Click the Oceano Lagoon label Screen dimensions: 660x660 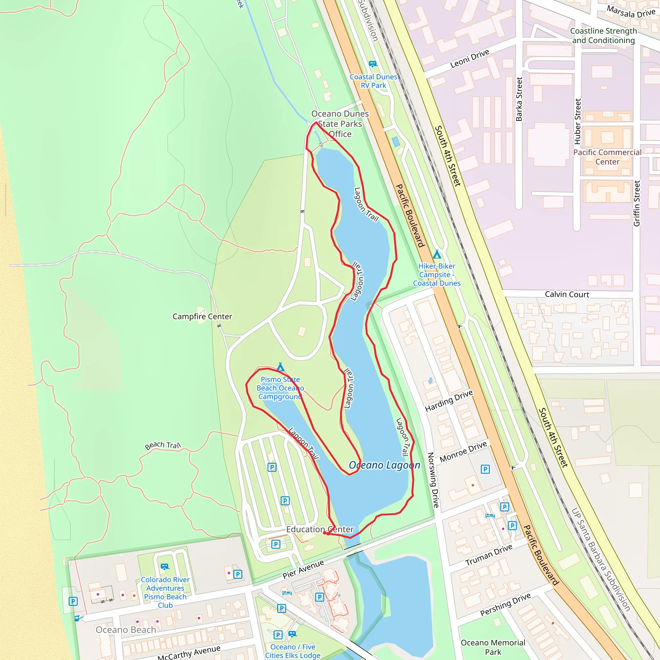384,465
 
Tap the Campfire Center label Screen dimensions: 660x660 202,316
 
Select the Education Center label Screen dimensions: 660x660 320,529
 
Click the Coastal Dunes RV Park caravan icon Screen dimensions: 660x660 373,64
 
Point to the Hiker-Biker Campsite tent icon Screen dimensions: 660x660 437,254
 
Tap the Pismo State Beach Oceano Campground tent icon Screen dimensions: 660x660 280,367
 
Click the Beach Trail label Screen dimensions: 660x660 163,445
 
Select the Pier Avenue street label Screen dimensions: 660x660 303,569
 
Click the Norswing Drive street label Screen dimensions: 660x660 433,480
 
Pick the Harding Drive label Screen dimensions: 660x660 449,401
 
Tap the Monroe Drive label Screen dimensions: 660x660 463,451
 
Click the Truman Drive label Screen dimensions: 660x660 489,555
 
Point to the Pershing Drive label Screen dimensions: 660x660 505,604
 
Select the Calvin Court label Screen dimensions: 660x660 567,294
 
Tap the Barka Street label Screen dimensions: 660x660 519,99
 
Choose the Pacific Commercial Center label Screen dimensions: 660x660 607,157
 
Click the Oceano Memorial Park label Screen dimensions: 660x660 493,647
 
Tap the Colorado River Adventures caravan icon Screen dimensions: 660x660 165,567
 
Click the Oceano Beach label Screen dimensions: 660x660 126,630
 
